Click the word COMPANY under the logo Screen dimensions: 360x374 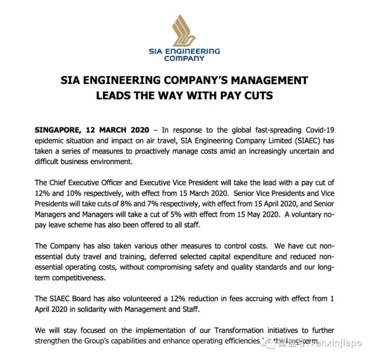[187, 59]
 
